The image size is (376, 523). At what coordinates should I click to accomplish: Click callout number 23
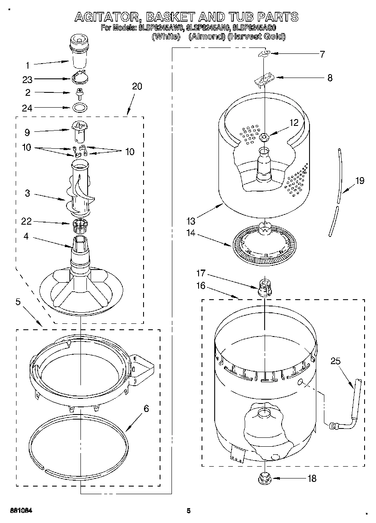(x=28, y=79)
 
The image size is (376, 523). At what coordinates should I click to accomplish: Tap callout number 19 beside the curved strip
(x=359, y=181)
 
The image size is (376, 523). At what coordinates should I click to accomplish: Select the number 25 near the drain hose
(x=335, y=361)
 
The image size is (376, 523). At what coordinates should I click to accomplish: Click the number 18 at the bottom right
(x=311, y=478)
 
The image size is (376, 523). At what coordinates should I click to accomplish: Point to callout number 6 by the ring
(x=146, y=409)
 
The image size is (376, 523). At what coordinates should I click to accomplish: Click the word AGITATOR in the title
(x=107, y=17)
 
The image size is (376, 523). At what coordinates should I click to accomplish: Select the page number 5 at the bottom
(x=189, y=511)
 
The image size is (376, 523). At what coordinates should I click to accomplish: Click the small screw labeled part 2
(x=79, y=93)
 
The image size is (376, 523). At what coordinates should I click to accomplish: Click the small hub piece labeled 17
(x=264, y=287)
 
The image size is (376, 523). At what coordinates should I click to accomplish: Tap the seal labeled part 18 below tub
(x=264, y=478)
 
